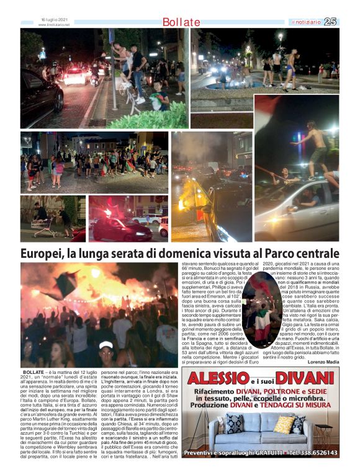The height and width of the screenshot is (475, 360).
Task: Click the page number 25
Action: tap(331, 22)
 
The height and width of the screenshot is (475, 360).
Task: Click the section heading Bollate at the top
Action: tap(181, 22)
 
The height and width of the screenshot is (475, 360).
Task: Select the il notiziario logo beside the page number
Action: tap(307, 22)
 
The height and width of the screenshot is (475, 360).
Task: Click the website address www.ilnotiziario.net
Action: tap(54, 25)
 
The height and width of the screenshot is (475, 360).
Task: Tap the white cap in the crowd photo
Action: tap(106, 345)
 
